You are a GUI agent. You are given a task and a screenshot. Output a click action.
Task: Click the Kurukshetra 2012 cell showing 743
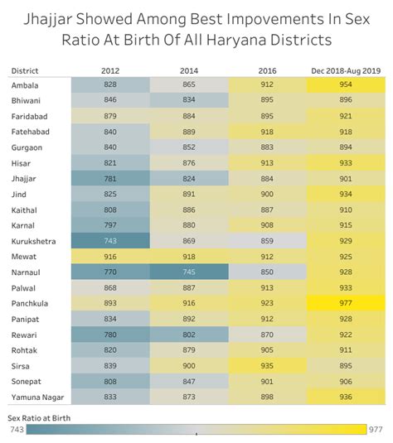110,240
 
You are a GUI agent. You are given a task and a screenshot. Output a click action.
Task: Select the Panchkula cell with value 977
346,303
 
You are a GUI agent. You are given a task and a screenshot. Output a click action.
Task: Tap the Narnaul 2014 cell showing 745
189,272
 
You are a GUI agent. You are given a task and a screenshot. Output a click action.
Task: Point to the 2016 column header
267,71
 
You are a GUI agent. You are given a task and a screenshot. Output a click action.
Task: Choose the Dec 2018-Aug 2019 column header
346,71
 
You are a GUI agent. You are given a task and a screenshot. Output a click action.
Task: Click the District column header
26,71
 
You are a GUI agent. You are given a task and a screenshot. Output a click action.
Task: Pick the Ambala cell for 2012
110,85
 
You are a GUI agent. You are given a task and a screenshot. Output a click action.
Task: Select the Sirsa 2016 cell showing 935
267,365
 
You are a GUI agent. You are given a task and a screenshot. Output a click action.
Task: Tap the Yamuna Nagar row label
36,397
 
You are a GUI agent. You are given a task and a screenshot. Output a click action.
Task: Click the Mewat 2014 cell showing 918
189,257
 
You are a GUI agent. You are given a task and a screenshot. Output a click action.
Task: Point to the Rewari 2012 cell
110,335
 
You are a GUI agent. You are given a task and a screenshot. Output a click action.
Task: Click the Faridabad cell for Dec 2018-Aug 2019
346,116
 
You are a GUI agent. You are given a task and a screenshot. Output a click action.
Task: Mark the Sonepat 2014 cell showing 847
189,381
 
